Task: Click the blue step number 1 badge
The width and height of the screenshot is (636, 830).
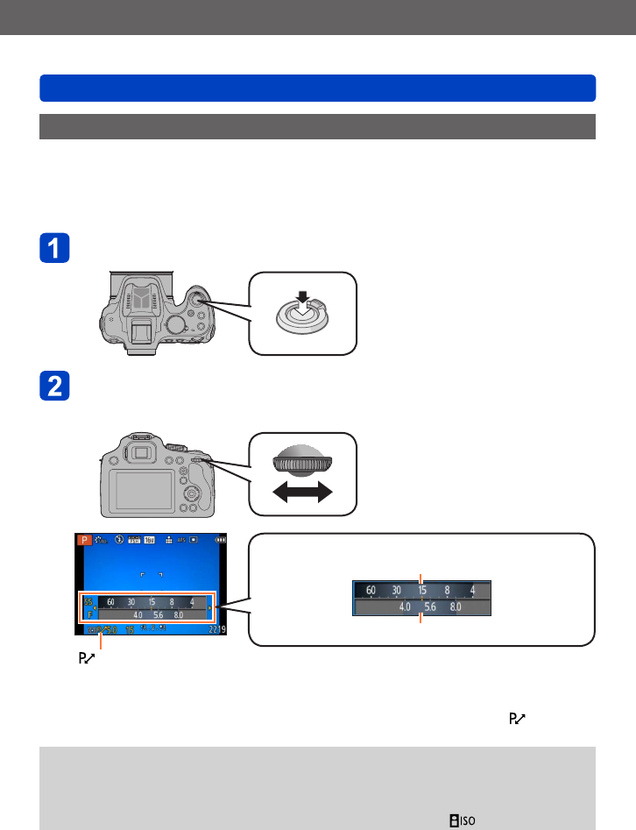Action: (x=54, y=247)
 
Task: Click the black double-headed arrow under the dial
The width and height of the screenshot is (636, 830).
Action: (x=302, y=493)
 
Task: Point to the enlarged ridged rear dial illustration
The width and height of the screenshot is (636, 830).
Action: (x=302, y=461)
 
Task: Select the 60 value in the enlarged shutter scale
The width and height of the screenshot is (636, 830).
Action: (x=371, y=590)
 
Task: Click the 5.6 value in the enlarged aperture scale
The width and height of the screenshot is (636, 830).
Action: (x=430, y=606)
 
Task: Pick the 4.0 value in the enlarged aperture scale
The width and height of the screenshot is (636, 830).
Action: (x=406, y=606)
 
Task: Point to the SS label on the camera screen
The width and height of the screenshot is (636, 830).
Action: (x=88, y=602)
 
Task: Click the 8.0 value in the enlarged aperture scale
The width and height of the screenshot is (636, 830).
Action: (x=456, y=606)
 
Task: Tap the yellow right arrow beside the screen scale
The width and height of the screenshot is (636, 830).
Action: (x=209, y=608)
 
